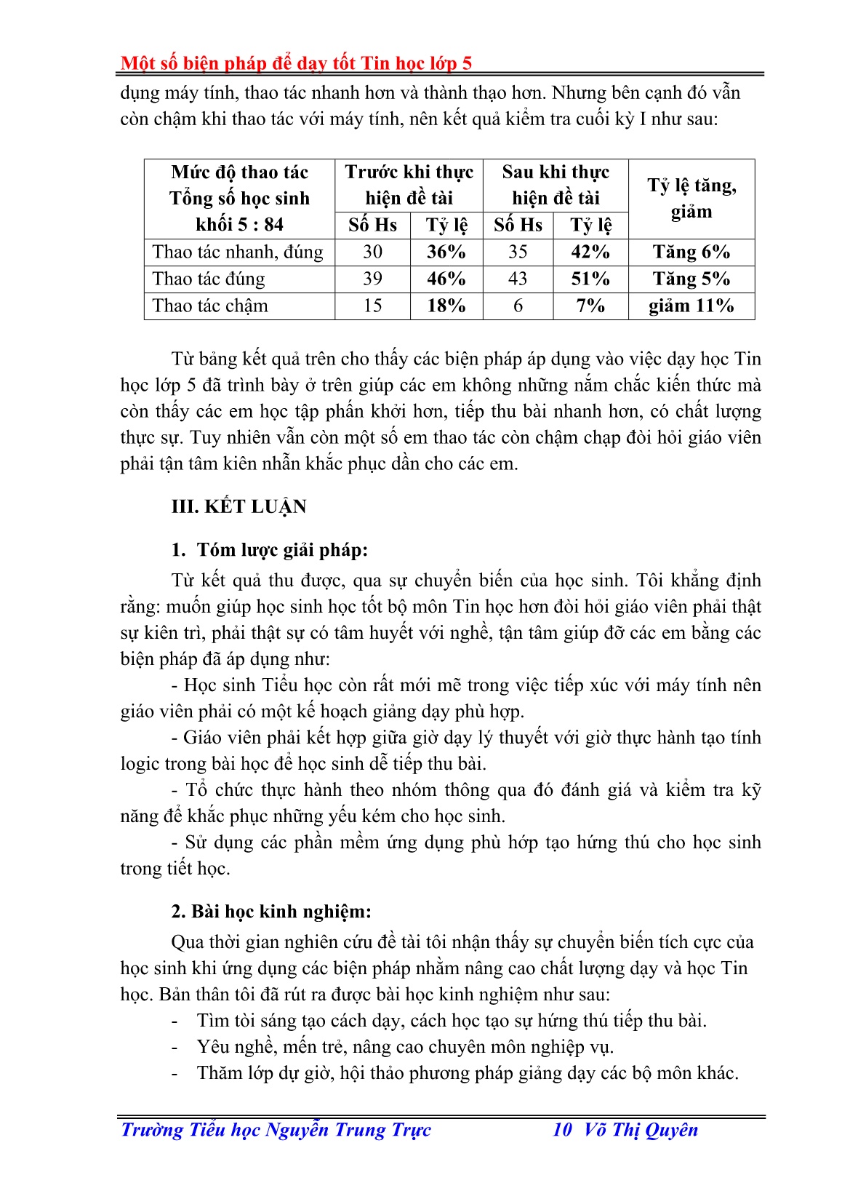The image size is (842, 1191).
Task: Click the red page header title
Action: (296, 63)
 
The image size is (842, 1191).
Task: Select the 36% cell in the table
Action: (446, 252)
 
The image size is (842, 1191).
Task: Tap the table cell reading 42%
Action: (590, 252)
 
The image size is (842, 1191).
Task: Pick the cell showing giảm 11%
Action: (691, 306)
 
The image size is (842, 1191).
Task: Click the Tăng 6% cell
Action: (691, 252)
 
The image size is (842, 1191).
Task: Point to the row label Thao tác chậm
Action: (210, 306)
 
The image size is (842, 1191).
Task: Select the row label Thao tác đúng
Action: (209, 279)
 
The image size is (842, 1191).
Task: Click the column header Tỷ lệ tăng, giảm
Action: (691, 199)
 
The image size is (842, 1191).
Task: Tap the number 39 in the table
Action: (372, 279)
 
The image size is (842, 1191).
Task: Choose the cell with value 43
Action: (518, 279)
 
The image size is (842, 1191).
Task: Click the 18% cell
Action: (446, 306)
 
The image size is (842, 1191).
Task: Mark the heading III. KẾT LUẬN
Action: (238, 506)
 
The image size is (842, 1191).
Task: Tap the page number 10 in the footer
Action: (562, 1129)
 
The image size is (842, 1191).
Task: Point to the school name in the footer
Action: (276, 1129)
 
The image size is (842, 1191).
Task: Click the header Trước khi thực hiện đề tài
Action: (409, 185)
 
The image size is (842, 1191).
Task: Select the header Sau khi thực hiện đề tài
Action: (556, 185)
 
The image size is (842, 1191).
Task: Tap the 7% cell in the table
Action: (590, 306)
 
